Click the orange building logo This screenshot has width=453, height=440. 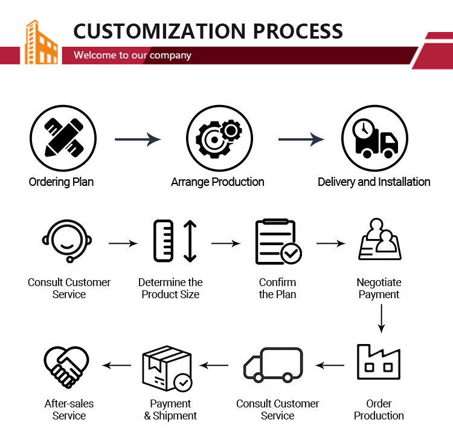click(x=41, y=42)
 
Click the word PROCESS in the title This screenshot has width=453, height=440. click(x=298, y=31)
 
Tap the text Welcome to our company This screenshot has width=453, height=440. click(x=132, y=55)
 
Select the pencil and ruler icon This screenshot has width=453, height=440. click(x=63, y=138)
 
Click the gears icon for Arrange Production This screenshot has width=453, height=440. click(x=219, y=138)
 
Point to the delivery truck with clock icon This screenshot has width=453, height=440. click(x=375, y=138)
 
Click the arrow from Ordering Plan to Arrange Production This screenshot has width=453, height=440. click(x=138, y=139)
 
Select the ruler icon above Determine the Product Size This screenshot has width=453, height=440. click(x=164, y=241)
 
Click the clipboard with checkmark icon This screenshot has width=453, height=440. click(x=278, y=241)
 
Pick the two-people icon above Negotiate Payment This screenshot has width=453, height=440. click(x=380, y=240)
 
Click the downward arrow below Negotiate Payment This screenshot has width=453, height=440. click(x=381, y=319)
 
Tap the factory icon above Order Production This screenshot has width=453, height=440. click(x=379, y=362)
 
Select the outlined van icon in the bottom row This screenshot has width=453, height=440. click(x=273, y=365)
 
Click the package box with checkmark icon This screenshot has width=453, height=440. click(x=167, y=368)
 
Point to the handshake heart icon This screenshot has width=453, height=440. click(x=66, y=367)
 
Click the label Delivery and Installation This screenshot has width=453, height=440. click(x=374, y=182)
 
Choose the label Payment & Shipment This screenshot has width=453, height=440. click(x=170, y=409)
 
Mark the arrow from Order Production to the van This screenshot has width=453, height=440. click(x=330, y=366)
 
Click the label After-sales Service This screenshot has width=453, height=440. click(x=69, y=409)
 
